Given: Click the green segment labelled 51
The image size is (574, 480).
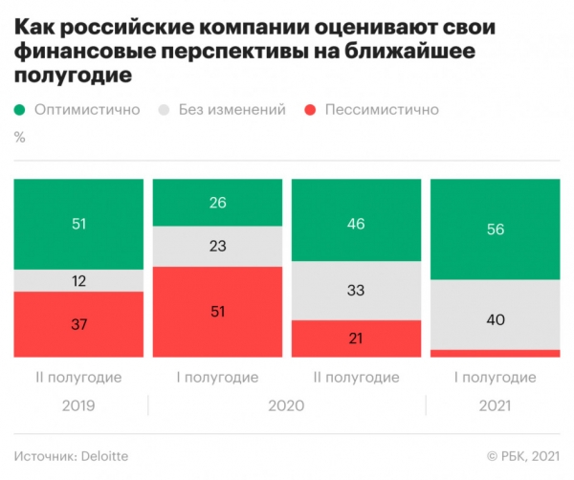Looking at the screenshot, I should coord(79,224).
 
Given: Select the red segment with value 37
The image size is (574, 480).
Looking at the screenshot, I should coord(79,324).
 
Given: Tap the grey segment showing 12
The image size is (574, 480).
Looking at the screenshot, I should coord(79,280).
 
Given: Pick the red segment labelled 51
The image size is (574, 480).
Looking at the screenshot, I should coord(218,312).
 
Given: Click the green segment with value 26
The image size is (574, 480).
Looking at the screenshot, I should coord(218,203).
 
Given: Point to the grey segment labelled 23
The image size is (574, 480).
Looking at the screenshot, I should coord(218,247).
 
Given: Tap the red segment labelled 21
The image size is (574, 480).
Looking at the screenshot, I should coord(357,338).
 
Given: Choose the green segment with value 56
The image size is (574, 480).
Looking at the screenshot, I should coord(496,229).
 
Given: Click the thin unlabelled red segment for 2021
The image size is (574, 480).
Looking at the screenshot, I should coord(496,353).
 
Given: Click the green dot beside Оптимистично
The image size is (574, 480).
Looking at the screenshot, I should coord(20,110).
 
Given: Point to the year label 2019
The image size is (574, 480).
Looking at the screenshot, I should coord(79,406).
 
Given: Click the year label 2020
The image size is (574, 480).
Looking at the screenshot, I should coord(287,406).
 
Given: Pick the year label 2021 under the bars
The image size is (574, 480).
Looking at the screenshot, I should coord(496,406).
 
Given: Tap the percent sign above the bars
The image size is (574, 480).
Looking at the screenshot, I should coord(20,137).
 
